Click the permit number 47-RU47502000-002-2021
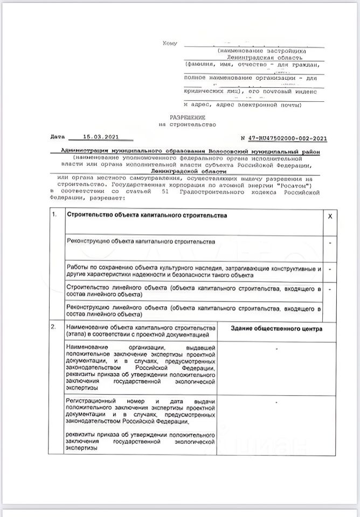284,138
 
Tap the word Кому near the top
170,43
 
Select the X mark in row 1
330,215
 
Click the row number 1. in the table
54,215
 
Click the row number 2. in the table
54,327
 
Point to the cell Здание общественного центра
276,329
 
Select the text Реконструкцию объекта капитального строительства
141,242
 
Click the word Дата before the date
57,137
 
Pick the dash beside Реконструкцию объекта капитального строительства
330,243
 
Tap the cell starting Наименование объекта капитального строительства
140,332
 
